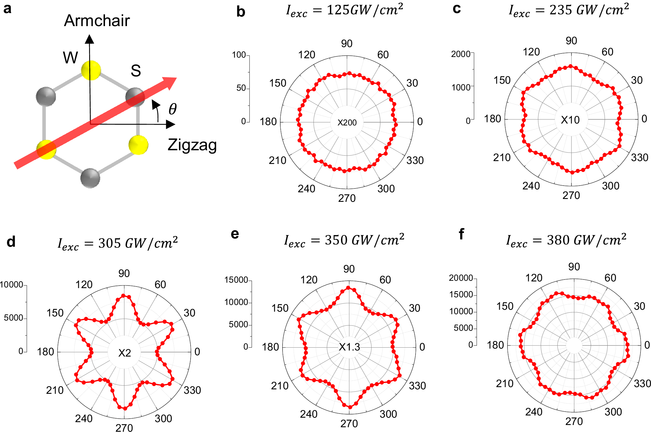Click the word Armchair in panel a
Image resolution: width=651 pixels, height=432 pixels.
[97, 21]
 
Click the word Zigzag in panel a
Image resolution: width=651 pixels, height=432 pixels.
[192, 145]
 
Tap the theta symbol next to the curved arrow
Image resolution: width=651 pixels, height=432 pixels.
[172, 109]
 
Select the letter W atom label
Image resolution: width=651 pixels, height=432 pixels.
[70, 58]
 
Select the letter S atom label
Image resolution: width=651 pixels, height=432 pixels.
[136, 71]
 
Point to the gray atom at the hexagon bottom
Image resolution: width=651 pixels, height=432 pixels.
[90, 178]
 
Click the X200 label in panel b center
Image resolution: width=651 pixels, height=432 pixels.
[347, 123]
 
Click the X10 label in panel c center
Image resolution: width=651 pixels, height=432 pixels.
[570, 120]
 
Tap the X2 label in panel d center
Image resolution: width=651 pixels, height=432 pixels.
[124, 353]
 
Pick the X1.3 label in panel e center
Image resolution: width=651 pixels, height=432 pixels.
[349, 347]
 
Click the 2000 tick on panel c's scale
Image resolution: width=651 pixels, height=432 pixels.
[461, 54]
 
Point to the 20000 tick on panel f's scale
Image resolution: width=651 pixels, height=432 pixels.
[461, 278]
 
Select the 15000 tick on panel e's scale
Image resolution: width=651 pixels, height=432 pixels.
[236, 280]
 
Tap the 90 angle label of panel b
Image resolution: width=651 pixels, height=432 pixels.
[346, 44]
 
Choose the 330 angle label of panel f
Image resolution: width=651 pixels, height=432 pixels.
[642, 384]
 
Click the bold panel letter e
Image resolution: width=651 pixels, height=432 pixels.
[235, 234]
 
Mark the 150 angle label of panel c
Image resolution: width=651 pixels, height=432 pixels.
[502, 80]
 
